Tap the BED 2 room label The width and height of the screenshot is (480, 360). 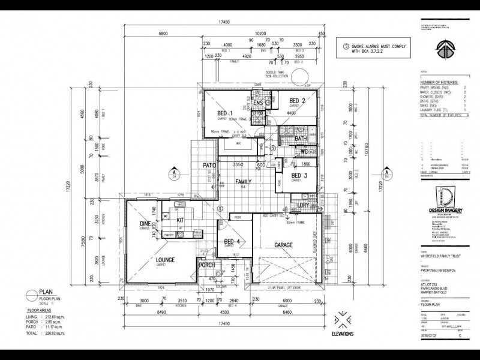point(298,101)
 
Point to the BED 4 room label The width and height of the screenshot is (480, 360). point(232,242)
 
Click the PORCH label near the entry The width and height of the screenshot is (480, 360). point(207,265)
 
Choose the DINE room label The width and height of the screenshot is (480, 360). point(145,224)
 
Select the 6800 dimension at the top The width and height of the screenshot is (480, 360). point(163,34)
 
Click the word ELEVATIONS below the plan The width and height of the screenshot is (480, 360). point(341,334)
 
